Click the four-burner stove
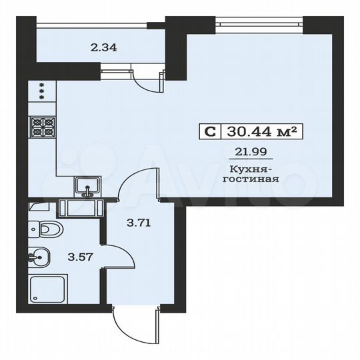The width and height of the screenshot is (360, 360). pos(42,127)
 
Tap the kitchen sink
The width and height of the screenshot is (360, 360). pos(87,187)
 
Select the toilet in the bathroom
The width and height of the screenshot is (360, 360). pos(45,231)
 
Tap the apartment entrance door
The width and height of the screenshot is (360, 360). pos(131,327)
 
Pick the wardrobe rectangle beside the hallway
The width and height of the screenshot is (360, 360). pos(81,209)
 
